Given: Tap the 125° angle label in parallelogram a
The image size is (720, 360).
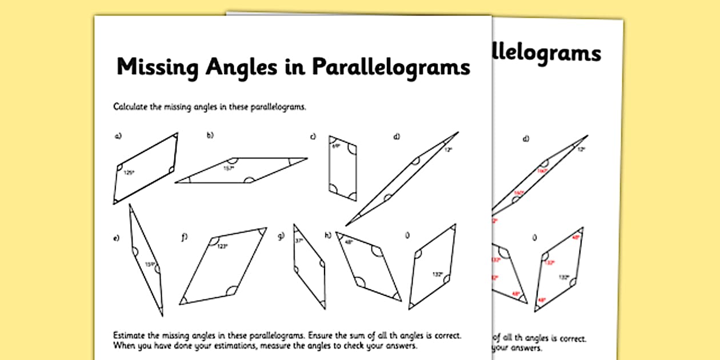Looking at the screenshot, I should [129, 173].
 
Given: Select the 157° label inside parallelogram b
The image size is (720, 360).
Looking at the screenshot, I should [229, 169].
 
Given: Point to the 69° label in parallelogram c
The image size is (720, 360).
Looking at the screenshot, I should [336, 146].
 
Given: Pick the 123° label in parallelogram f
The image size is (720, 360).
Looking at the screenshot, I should [222, 247].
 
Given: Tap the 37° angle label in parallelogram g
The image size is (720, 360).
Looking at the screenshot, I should [298, 241].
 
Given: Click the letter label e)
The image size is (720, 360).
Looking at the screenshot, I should [117, 238].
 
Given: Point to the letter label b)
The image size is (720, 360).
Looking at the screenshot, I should [210, 135].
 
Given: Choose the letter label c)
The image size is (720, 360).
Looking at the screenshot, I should [313, 136].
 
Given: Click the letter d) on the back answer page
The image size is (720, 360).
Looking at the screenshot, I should [526, 139].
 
